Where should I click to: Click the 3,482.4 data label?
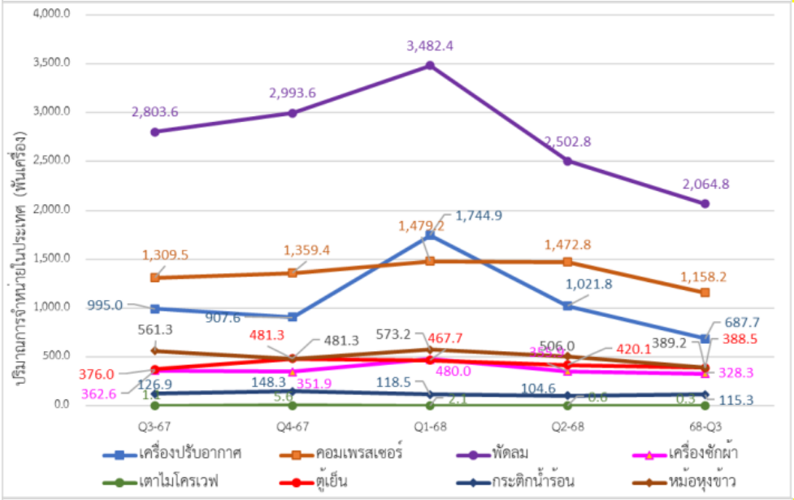[x=430, y=46]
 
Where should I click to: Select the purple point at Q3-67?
[x=154, y=132]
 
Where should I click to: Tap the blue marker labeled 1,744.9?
[x=430, y=235]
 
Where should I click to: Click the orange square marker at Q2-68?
[x=567, y=262]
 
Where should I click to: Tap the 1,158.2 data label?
[x=705, y=276]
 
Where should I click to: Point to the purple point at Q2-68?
[x=567, y=161]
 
